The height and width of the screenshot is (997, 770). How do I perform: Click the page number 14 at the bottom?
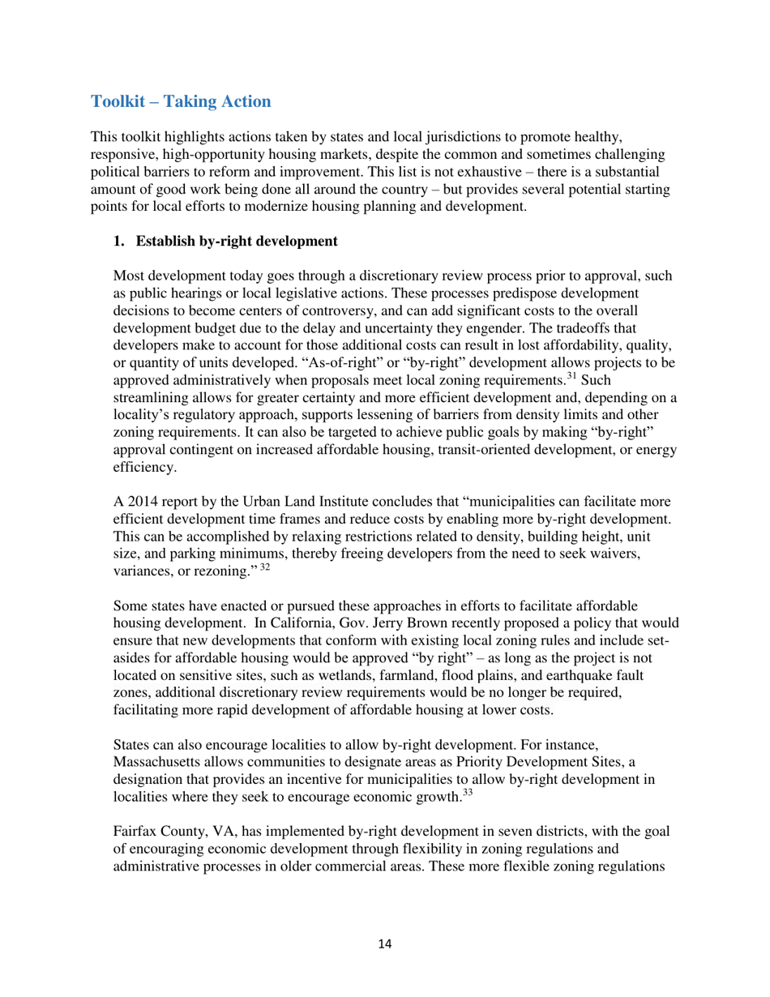coord(385,943)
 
